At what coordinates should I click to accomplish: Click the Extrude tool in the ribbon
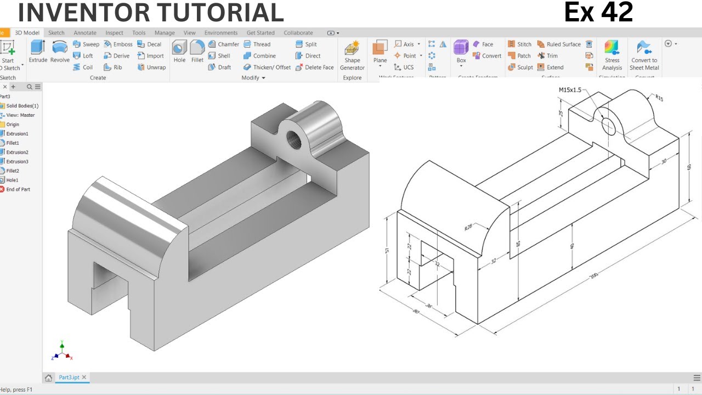tap(38, 52)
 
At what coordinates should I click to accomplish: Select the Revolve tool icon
tap(60, 52)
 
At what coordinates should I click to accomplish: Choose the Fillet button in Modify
tap(197, 52)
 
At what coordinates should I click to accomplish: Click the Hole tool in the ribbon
tap(179, 52)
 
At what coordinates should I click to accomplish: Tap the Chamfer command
tap(224, 44)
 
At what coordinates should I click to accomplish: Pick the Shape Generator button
tap(352, 55)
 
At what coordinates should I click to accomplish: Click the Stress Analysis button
tap(612, 55)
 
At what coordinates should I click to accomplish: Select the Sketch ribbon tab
tap(56, 33)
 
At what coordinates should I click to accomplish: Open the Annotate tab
tap(85, 33)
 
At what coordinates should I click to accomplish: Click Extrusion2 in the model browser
tap(17, 152)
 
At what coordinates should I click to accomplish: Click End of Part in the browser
tap(18, 189)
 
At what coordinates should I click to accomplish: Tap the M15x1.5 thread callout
tap(570, 89)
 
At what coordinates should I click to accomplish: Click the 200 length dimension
tap(593, 275)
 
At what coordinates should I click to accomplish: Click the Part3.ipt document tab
tap(70, 377)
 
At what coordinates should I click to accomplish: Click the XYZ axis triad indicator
tap(61, 351)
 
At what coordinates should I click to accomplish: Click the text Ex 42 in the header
tap(598, 12)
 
